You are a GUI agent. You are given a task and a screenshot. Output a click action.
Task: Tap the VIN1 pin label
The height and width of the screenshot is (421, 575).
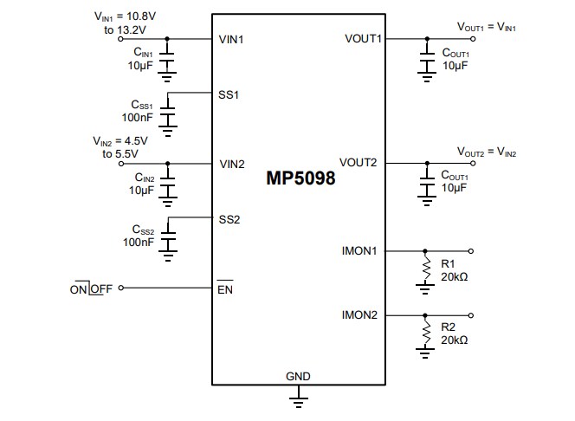[232, 39]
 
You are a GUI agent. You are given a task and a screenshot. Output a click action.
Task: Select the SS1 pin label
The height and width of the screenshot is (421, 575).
[229, 93]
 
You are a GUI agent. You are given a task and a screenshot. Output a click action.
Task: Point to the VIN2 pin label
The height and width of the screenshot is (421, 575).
[232, 163]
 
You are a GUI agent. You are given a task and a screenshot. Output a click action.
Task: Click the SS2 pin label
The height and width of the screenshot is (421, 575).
[229, 219]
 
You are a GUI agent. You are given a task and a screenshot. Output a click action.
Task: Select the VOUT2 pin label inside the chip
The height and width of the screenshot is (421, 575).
[361, 163]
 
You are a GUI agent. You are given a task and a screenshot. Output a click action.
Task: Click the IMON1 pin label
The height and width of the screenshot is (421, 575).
[359, 251]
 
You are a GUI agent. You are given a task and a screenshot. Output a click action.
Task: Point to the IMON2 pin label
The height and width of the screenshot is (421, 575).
[359, 315]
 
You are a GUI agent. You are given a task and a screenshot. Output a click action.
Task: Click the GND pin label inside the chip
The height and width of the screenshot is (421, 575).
[298, 377]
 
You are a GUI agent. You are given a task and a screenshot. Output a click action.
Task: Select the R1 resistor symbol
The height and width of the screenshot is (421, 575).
[425, 268]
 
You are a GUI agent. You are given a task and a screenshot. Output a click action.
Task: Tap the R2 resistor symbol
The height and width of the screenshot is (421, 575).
[425, 332]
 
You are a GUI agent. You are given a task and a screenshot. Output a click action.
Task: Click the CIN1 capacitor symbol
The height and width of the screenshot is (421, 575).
[167, 57]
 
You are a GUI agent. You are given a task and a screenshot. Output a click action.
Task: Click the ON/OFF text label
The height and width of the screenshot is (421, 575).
[91, 288]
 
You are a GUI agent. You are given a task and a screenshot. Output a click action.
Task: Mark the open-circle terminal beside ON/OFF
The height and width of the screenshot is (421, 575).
[120, 288]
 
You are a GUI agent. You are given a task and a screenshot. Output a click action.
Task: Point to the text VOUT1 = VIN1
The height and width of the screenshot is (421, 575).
[488, 27]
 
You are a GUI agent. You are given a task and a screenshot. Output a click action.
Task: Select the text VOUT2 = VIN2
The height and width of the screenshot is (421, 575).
[488, 152]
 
